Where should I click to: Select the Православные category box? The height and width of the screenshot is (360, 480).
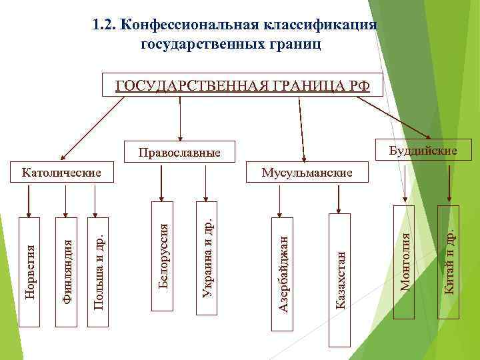pos(179,152)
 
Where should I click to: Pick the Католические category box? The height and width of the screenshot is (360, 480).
pos(61,172)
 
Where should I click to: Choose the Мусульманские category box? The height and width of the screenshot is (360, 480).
pos(307,172)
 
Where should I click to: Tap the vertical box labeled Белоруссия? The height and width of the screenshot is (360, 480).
pos(163,256)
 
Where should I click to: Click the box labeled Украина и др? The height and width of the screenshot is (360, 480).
pos(206,256)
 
